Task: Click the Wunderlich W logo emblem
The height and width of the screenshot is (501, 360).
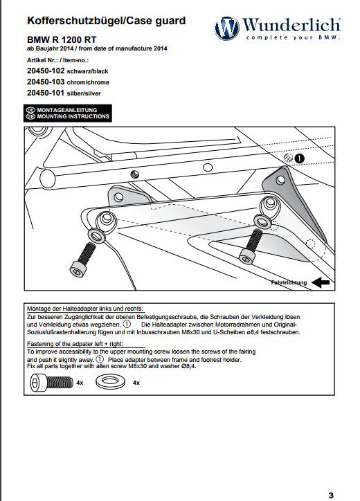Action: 226,28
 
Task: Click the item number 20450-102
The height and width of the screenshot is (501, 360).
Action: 46,71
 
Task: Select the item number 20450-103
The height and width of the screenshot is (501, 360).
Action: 46,82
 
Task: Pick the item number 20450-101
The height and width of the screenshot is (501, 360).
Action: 46,93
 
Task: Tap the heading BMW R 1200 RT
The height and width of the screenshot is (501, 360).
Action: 62,39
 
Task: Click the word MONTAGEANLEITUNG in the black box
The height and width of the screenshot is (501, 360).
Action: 67,110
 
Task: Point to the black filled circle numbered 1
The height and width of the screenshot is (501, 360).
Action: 299,158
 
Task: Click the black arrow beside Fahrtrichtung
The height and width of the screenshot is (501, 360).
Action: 321,282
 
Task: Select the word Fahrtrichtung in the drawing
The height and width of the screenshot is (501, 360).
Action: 289,282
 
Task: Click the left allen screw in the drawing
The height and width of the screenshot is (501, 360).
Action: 82,259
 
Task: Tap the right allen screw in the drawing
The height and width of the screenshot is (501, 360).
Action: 251,246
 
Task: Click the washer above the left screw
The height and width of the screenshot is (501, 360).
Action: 96,236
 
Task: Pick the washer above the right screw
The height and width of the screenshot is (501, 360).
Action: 262,221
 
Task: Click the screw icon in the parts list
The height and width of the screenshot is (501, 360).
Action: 52,383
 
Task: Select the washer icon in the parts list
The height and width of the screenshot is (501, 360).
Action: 110,381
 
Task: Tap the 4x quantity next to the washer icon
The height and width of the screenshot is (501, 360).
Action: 136,383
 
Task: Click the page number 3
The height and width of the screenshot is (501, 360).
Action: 331,495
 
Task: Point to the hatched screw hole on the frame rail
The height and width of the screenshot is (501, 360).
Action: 135,174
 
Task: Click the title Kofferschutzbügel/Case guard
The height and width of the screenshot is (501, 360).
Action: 107,21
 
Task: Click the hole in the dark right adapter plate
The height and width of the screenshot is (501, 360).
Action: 280,180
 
